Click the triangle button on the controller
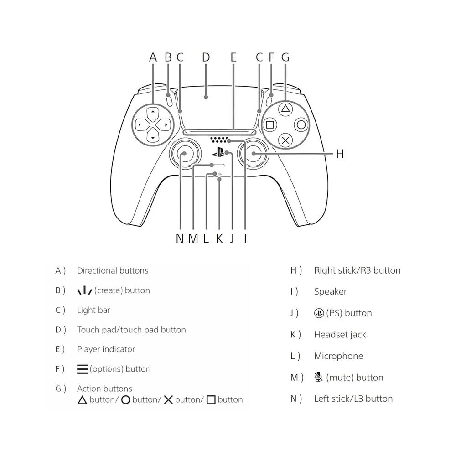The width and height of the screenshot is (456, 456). [285, 109]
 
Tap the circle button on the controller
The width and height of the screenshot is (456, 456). [301, 125]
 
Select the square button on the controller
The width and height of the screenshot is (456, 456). [270, 125]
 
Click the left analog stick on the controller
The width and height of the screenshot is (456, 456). [185, 154]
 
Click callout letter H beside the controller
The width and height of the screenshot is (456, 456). [340, 154]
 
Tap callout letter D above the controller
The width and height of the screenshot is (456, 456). [206, 57]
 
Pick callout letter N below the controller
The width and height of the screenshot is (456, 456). [180, 238]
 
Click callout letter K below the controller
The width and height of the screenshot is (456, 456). [219, 238]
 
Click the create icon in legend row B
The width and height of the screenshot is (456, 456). [85, 290]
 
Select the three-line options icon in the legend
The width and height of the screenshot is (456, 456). [83, 369]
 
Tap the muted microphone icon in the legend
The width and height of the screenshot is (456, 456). [319, 377]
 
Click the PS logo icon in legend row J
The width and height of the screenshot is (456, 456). [319, 313]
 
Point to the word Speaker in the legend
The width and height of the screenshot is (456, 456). [330, 292]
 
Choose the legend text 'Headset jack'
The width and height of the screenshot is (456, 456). [340, 334]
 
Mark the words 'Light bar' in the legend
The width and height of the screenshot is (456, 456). [93, 310]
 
